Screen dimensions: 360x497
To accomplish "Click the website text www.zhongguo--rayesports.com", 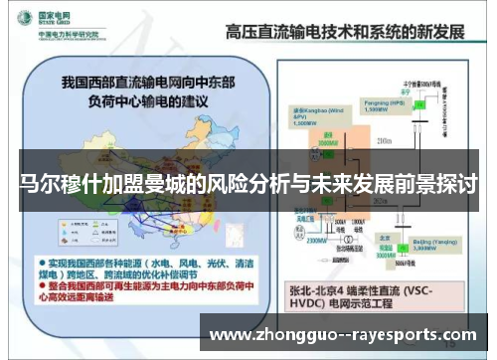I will coord(353,335).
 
